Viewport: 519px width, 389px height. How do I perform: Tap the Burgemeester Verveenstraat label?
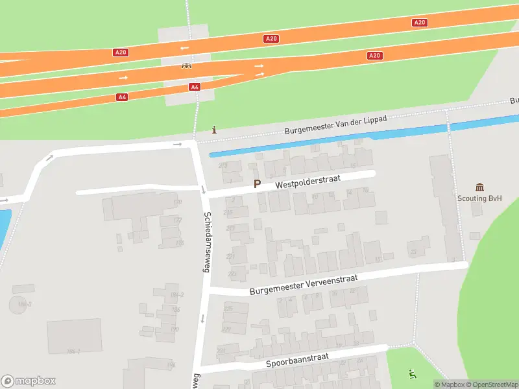[x=304, y=284]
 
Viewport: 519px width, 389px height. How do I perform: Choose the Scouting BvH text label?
[x=479, y=199]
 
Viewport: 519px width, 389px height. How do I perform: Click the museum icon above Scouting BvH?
[x=479, y=187]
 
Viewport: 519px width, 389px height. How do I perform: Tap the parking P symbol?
[x=257, y=183]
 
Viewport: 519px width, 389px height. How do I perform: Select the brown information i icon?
[x=214, y=130]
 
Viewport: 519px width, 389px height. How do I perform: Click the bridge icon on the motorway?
[x=186, y=65]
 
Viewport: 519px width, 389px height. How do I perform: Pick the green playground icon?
[x=411, y=373]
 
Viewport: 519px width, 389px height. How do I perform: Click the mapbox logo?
[x=29, y=381]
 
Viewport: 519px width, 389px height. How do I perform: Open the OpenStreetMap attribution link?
[x=490, y=384]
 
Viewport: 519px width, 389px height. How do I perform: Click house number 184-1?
[x=73, y=351]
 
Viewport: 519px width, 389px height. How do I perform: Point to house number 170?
[x=177, y=203]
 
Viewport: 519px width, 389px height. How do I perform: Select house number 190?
[x=175, y=329]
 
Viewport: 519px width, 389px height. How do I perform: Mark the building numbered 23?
[x=413, y=252]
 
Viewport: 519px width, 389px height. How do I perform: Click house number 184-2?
[x=177, y=295]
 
